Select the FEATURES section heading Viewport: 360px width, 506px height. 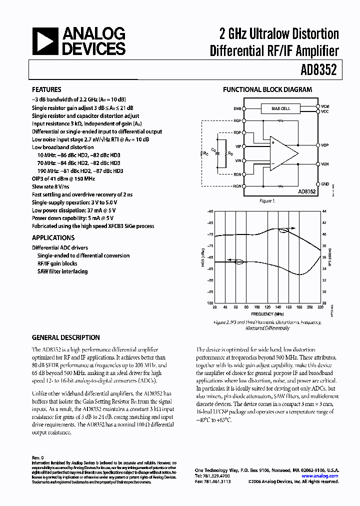coord(46,89)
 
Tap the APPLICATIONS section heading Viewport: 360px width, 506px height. coord(53,238)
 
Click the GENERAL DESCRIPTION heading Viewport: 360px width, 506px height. coord(66,337)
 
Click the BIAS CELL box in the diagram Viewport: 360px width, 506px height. coord(280,108)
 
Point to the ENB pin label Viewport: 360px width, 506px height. coord(236,108)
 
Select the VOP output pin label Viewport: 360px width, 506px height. coord(325,145)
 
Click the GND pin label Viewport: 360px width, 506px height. coord(325,184)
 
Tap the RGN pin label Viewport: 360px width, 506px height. coord(236,186)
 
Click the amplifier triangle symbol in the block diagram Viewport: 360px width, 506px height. coord(282,152)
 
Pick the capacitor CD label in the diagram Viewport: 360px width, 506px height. coord(214,149)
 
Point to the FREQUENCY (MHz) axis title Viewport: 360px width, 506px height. coord(265,313)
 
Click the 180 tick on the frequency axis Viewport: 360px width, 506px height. coord(299,307)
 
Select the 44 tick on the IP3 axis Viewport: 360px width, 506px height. coord(324,211)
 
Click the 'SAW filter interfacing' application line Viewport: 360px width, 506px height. coord(62,271)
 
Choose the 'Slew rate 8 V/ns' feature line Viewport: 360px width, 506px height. coord(51,186)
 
